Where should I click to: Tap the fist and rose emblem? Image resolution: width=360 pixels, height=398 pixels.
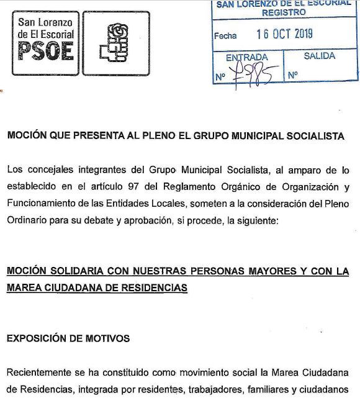click(116, 43)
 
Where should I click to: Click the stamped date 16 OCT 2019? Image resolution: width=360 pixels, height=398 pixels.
click(284, 35)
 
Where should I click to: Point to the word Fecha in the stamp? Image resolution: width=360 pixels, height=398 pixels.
click(225, 36)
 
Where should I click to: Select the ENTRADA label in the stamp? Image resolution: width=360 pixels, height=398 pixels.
click(246, 57)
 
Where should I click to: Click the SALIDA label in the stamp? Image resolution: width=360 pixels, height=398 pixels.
click(319, 56)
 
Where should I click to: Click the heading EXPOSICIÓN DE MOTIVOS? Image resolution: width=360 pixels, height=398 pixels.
click(68, 338)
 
